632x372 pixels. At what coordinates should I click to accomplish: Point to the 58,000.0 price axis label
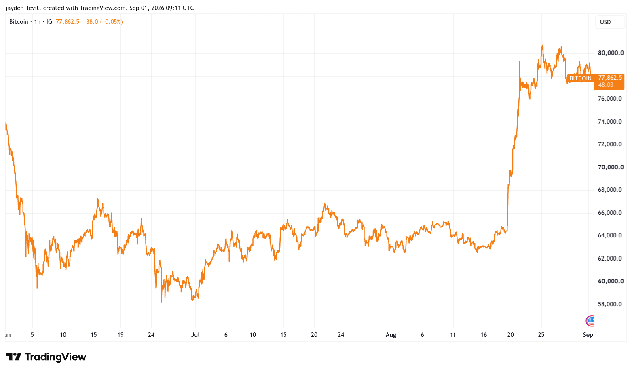coord(610,304)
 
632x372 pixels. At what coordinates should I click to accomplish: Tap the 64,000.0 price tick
coord(610,235)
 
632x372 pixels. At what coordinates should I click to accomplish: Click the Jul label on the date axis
coord(195,335)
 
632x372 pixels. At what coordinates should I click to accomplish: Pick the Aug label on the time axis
coord(391,335)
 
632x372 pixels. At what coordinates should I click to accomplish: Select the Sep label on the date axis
coord(588,335)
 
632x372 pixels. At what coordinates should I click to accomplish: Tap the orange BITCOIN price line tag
coord(580,78)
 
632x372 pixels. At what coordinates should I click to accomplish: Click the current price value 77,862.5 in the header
coord(68,22)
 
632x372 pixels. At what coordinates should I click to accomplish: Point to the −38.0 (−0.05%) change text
coord(103,22)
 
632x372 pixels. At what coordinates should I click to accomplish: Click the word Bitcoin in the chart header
coord(19,22)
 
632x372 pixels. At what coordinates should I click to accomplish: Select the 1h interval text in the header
coord(37,22)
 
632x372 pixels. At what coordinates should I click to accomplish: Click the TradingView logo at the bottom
coord(46,357)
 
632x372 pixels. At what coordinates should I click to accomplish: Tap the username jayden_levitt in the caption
coord(23,8)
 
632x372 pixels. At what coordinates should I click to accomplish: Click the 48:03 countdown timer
coord(606,85)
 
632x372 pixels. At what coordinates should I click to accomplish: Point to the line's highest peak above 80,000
coord(542,45)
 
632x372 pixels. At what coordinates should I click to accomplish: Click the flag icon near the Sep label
coord(590,321)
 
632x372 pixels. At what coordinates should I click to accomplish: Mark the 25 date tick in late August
coord(541,335)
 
